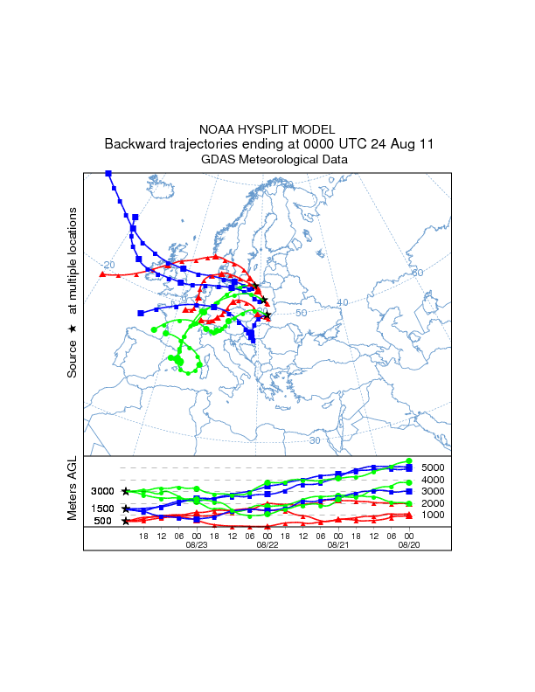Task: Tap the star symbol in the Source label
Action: pos(73,328)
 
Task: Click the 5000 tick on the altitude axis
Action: pos(433,467)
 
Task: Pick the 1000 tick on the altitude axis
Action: pos(433,515)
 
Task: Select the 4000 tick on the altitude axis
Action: pos(433,480)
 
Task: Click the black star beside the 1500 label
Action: pos(126,509)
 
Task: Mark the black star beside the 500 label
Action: pos(126,521)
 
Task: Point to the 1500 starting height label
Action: pos(103,509)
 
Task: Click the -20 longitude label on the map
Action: pos(108,265)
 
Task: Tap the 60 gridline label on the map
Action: pos(417,273)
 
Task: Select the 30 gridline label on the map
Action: pos(314,440)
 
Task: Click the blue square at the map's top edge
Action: pos(108,174)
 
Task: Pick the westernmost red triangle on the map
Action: pos(103,274)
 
